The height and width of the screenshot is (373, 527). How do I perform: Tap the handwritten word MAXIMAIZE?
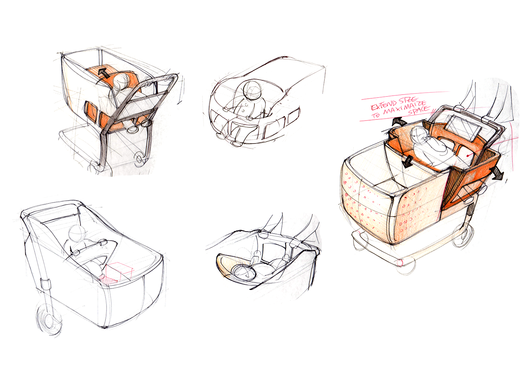tap(404, 107)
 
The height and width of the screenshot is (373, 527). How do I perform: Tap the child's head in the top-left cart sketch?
tap(121, 80)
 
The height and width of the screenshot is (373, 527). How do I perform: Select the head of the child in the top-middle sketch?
tap(252, 90)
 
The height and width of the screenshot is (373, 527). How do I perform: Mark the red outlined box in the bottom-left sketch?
tap(119, 272)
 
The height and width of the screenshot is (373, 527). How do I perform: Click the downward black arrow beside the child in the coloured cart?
tap(406, 161)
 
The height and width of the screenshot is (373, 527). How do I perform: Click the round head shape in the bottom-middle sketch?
tap(244, 273)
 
